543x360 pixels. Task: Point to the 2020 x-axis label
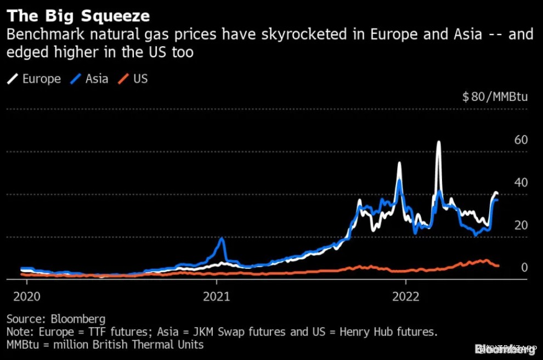coord(26,297)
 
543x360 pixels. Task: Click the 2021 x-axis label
coord(216,297)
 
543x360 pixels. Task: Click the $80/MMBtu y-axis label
coord(495,97)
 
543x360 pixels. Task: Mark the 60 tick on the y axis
coord(521,140)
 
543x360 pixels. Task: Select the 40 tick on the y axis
coord(521,183)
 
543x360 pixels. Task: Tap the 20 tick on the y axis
coord(521,226)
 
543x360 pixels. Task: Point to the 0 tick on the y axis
coord(524,268)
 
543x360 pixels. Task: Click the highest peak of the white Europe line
coord(438,142)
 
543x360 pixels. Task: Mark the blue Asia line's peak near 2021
coord(222,239)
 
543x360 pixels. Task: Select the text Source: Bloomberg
coord(56,319)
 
